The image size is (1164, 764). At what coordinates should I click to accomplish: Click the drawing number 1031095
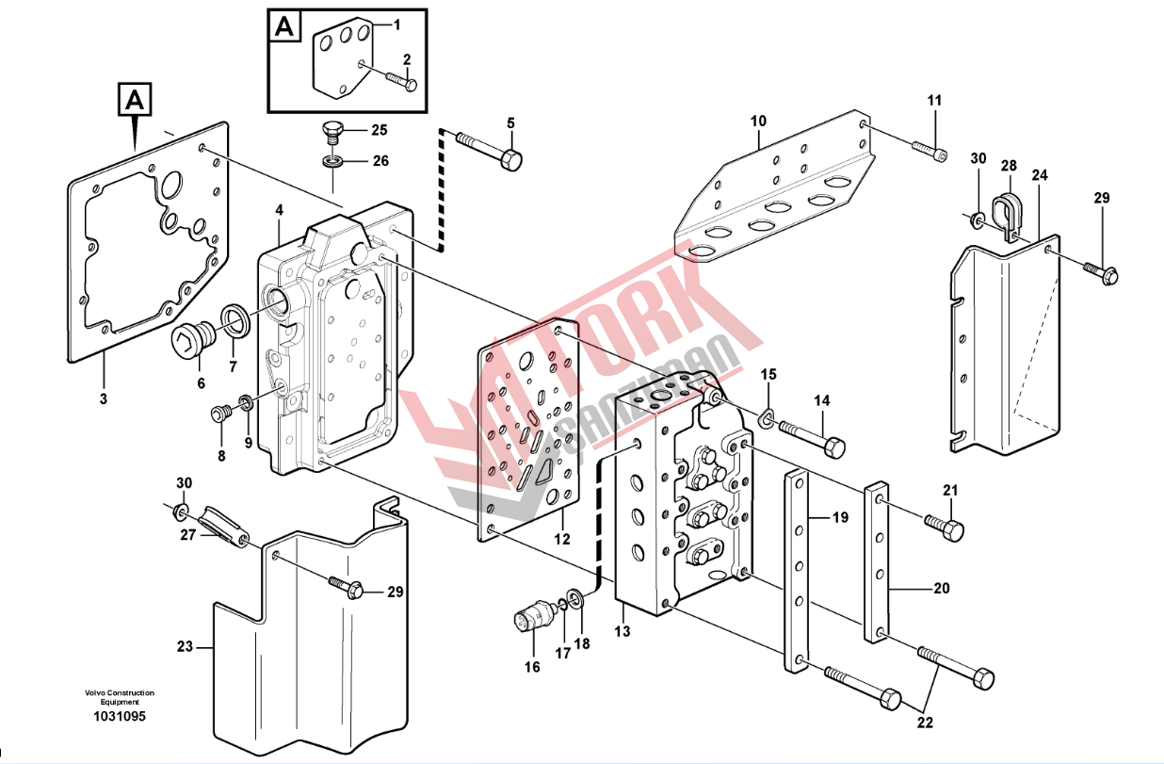[x=119, y=717]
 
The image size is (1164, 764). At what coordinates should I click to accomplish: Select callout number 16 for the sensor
[x=532, y=667]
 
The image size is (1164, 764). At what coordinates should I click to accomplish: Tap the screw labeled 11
[x=928, y=147]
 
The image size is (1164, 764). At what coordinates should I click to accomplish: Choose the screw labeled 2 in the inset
[x=400, y=82]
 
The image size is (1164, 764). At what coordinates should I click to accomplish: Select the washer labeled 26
[x=331, y=161]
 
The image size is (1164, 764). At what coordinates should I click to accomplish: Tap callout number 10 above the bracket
[x=758, y=121]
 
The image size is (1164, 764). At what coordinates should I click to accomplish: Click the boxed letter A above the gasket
[x=135, y=99]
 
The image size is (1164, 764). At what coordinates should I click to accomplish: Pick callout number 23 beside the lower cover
[x=185, y=647]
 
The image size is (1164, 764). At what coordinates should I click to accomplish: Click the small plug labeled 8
[x=222, y=413]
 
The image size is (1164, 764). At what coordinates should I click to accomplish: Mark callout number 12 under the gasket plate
[x=562, y=540]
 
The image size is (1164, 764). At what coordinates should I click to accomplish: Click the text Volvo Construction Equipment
[x=119, y=697]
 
